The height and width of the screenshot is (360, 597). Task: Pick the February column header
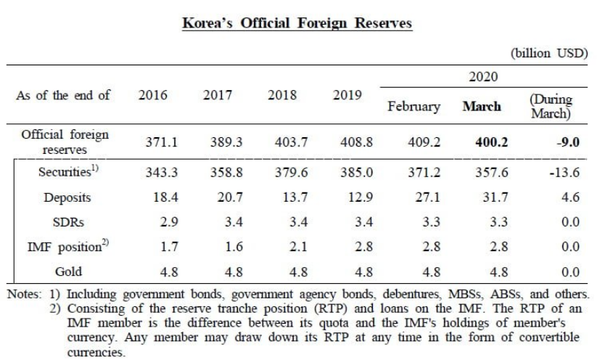414,107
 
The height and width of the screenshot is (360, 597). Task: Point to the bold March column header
482,107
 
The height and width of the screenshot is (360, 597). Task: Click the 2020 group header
482,76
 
